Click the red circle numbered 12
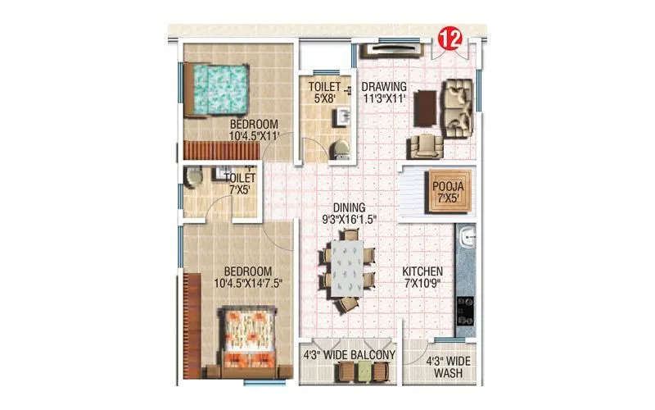pyautogui.click(x=447, y=37)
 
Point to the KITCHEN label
pyautogui.click(x=422, y=271)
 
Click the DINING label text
pyautogui.click(x=349, y=207)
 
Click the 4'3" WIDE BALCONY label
pyautogui.click(x=350, y=355)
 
